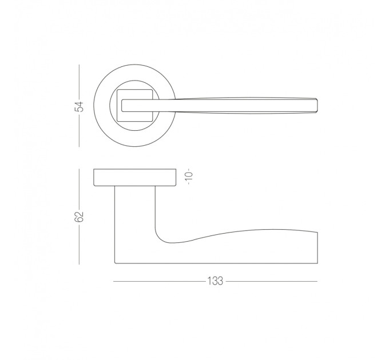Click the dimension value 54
[x=80, y=106]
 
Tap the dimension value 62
[x=80, y=217]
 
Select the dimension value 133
[x=215, y=281]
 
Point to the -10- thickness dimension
[x=189, y=176]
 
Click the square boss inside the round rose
[x=135, y=105]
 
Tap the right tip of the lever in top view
[x=317, y=105]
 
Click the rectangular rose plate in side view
[x=135, y=177]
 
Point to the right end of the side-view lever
[x=317, y=248]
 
